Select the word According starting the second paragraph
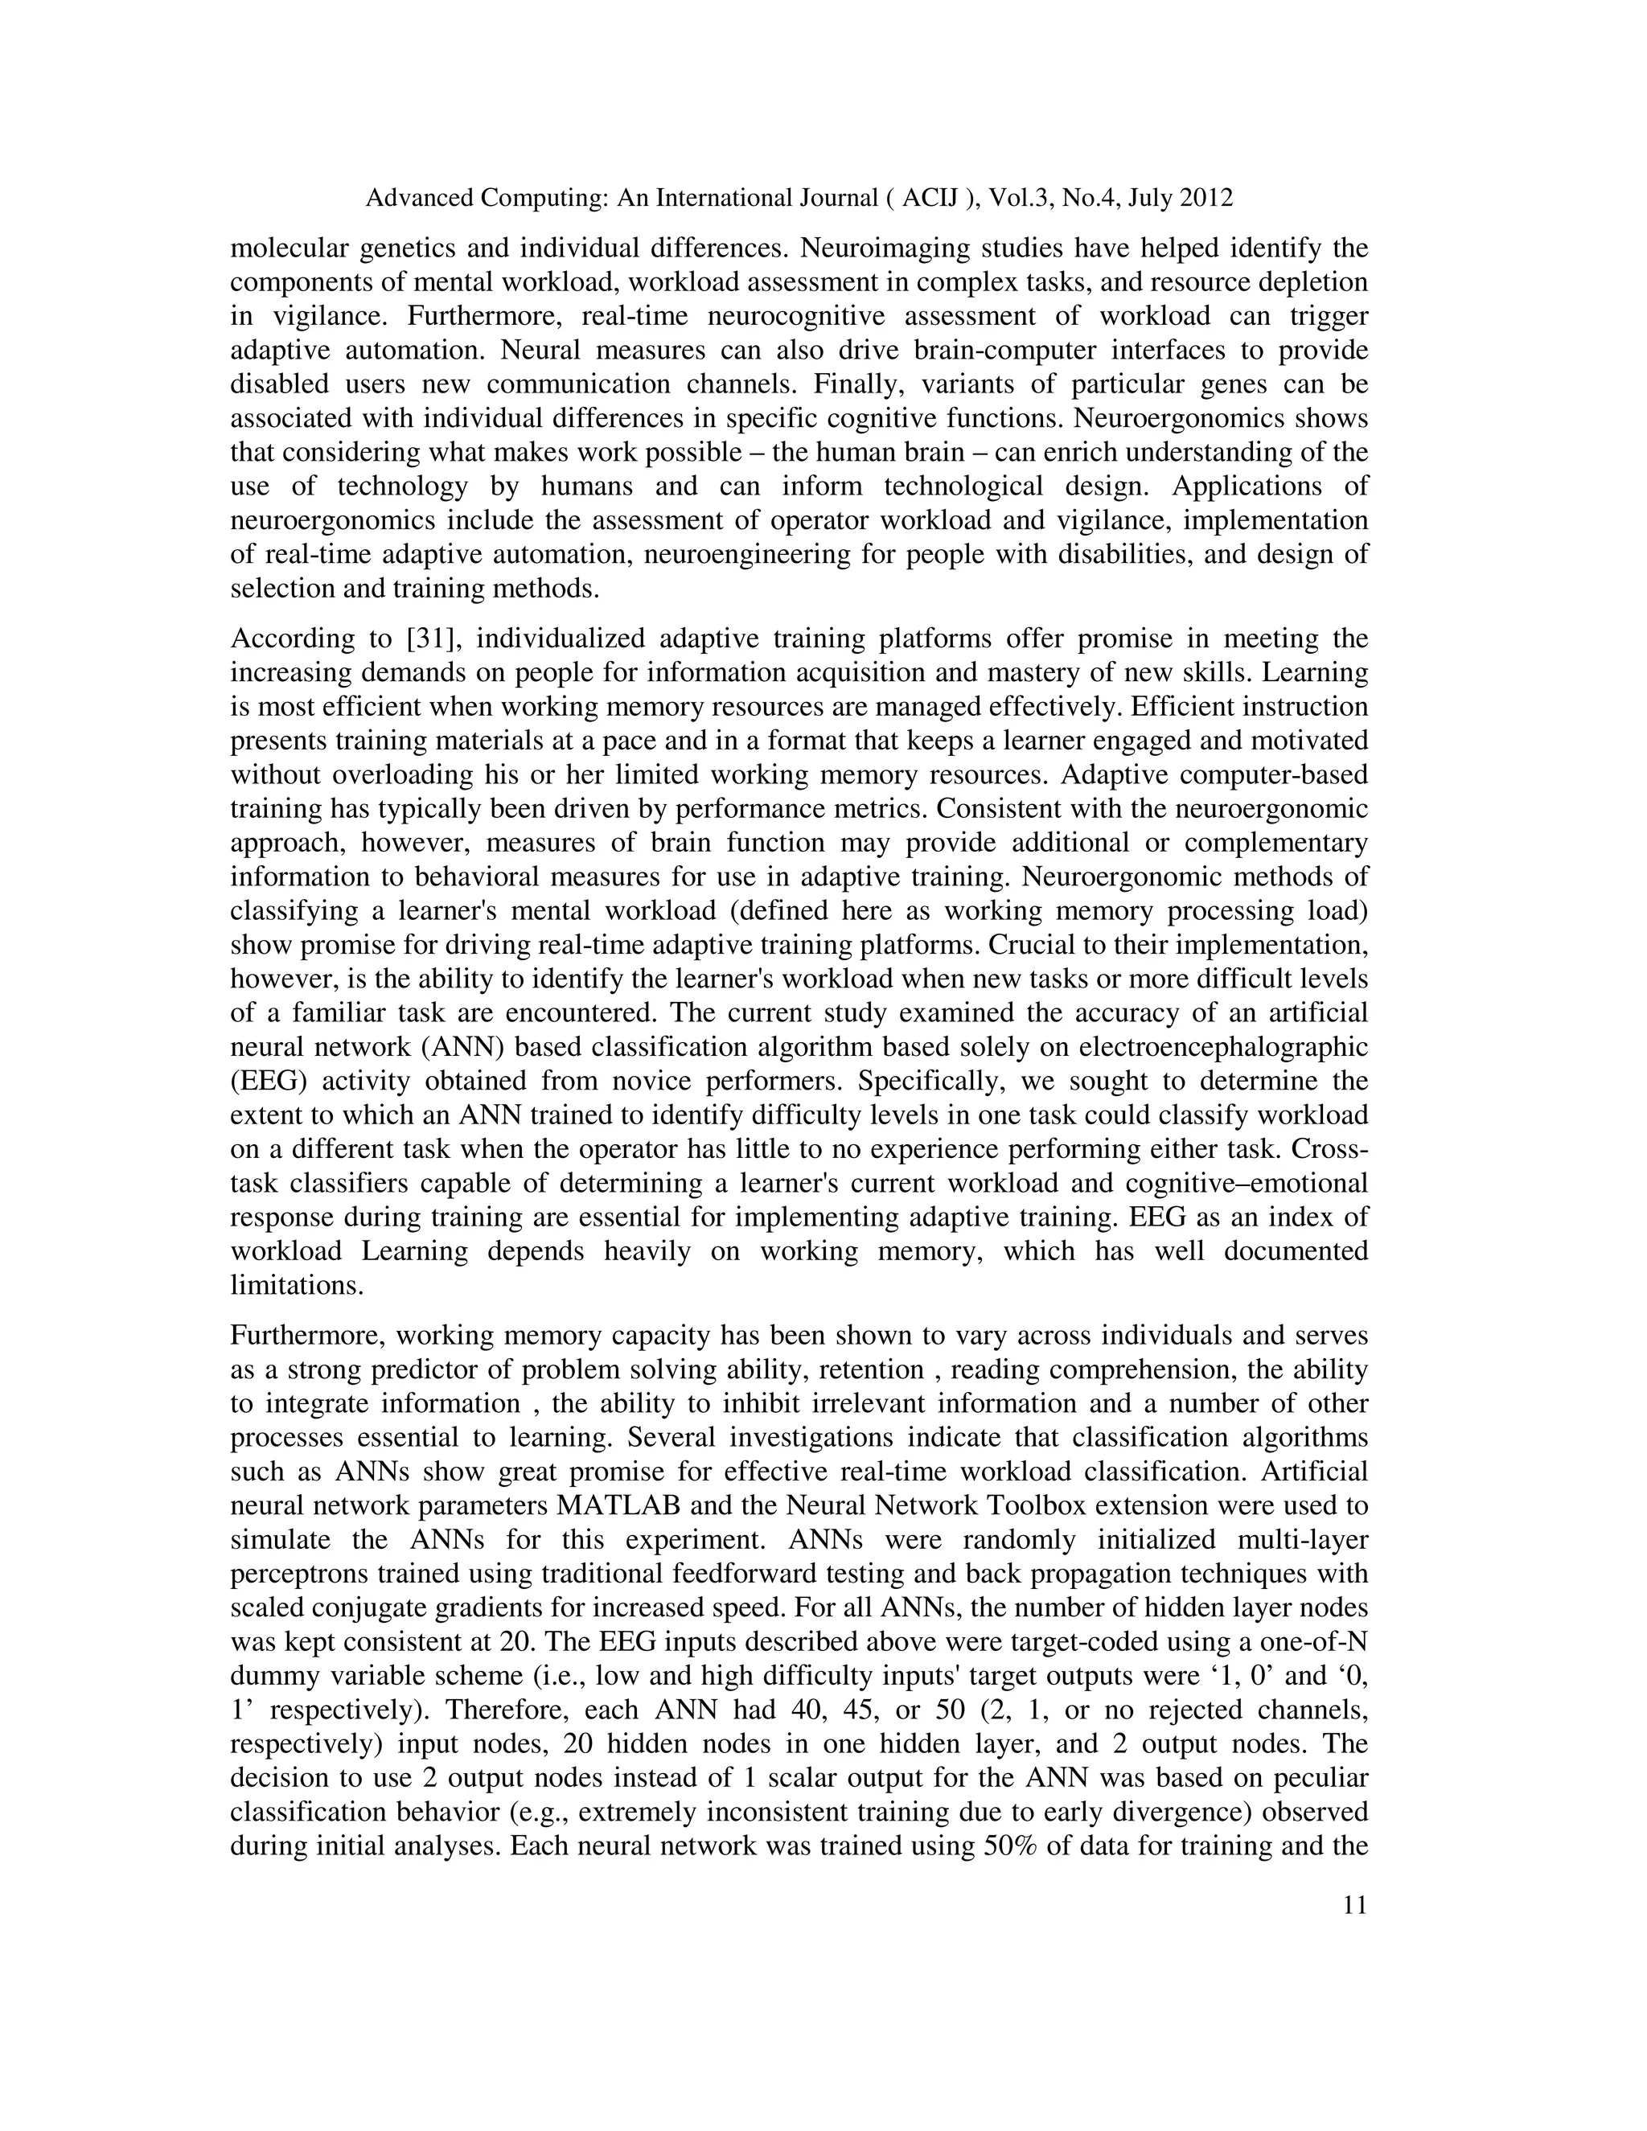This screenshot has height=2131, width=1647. click(296, 639)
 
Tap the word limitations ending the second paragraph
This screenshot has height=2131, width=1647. click(296, 1285)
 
